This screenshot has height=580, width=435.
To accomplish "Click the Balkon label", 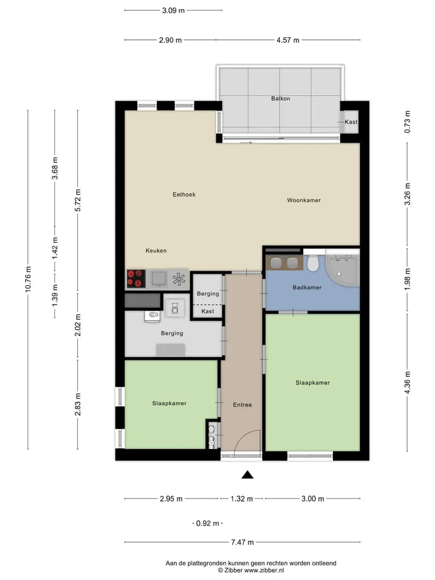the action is pos(280,98).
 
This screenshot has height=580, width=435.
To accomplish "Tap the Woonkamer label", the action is pos(304,200).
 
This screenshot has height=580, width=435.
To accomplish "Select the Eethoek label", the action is pos(184,194).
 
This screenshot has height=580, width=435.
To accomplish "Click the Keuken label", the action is pos(156,250).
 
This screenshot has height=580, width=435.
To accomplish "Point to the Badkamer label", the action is pos(307,287).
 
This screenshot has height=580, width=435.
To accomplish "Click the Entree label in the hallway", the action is pos(242,405).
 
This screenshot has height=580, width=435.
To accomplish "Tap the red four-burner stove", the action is pos(136,279).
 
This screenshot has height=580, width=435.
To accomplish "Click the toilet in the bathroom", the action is pos(314,263).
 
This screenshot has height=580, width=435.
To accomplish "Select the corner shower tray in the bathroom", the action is pos(342,270).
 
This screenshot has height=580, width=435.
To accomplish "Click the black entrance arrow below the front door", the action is pos(248,475).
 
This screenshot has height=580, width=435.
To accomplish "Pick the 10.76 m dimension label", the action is pos(28,279).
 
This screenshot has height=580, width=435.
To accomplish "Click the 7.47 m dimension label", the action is pos(242,542).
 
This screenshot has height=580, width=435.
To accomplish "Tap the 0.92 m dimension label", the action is pos(207,523).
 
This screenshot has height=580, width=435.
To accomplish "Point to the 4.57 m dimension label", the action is pos(288,40).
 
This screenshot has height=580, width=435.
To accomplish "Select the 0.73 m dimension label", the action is pos(407,122).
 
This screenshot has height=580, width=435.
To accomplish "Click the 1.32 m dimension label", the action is pos(242,498).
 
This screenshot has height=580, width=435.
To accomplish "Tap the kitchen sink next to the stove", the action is pos(159,279).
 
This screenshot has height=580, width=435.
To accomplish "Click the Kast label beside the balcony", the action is pos(351,121).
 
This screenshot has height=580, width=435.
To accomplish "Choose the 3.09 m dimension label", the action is pos(173,10).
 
